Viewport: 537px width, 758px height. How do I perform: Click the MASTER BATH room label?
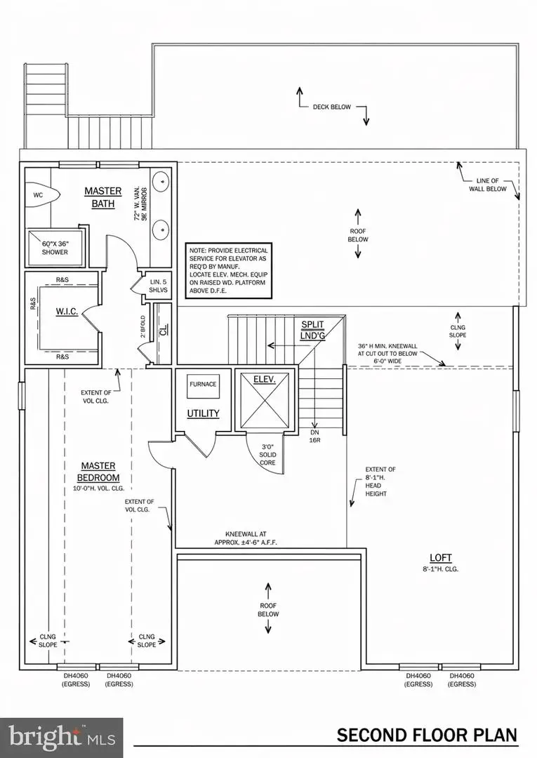[103, 197]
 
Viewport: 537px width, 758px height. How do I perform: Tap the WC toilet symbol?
[38, 197]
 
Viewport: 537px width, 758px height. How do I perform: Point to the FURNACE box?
[203, 385]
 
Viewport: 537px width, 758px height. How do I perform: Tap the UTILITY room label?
[203, 413]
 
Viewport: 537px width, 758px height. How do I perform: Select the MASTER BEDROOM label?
[98, 472]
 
